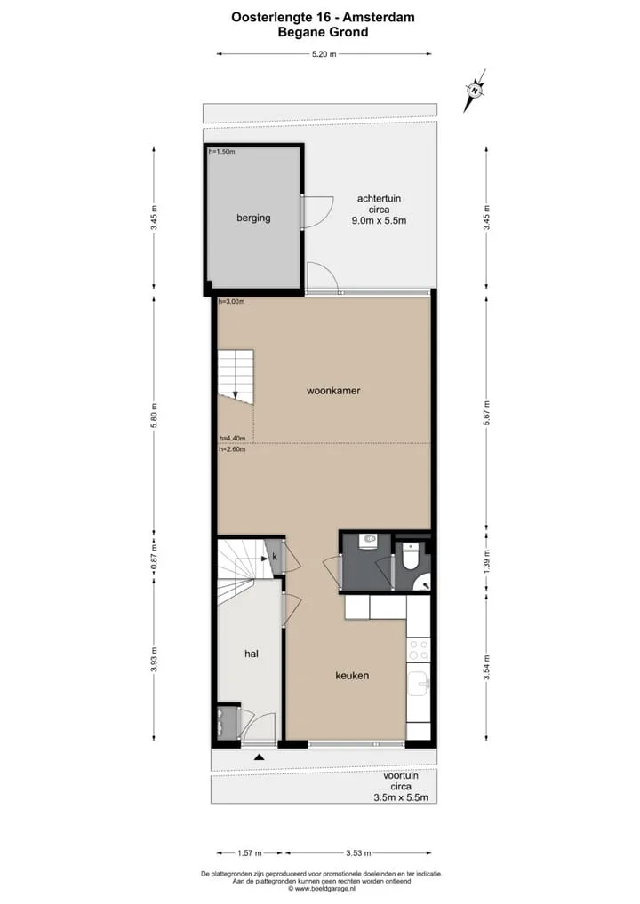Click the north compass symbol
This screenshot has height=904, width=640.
[x=475, y=90]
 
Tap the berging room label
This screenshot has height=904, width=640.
[x=253, y=218]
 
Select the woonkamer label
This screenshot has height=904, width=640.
[x=333, y=391]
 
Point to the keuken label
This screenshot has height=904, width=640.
[x=352, y=675]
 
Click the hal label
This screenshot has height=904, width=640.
[x=251, y=654]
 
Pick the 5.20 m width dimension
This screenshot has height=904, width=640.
[x=324, y=54]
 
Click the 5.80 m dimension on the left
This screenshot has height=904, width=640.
[x=154, y=416]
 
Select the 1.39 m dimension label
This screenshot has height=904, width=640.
[x=486, y=561]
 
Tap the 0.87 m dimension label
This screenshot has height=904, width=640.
[x=154, y=558]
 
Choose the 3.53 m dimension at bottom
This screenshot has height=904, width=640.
[x=358, y=852]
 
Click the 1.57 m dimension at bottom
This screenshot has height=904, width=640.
[x=250, y=852]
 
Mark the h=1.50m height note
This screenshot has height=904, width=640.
[x=221, y=152]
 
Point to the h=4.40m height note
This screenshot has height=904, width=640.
[x=232, y=438]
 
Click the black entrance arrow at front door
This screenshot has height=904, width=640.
[x=260, y=757]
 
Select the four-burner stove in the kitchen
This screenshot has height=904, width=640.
[x=419, y=650]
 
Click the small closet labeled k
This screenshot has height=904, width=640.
[x=275, y=557]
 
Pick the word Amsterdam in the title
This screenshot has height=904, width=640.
[x=379, y=17]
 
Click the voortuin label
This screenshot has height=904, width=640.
[x=401, y=775]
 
